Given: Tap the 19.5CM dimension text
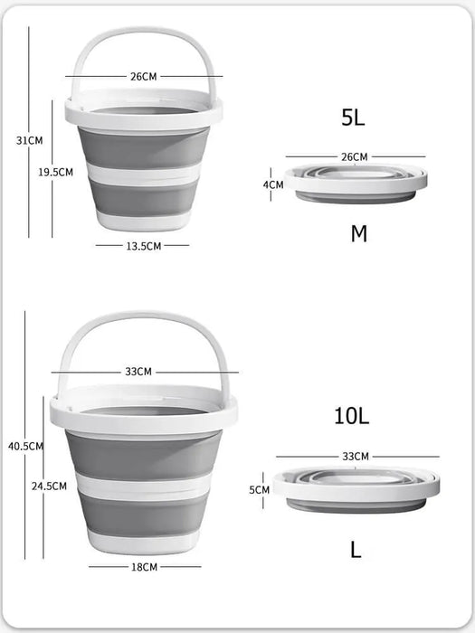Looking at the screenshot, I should (x=56, y=172).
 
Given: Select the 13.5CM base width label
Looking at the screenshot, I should (x=143, y=245).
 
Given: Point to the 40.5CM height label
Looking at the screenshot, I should (x=25, y=446).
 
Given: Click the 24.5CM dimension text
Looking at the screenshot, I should (x=49, y=486).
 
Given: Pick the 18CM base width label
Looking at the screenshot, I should (x=145, y=567).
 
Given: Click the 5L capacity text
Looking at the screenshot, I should (x=353, y=117).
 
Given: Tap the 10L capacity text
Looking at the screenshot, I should (x=352, y=416).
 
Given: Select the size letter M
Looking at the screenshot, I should (x=358, y=234).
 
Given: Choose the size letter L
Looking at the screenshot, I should (x=356, y=549).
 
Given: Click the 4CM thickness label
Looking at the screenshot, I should (x=273, y=184).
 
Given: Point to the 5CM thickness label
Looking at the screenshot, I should (x=260, y=489).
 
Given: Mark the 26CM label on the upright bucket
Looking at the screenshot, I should (x=143, y=77).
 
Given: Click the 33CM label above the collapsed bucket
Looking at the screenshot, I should (x=356, y=456).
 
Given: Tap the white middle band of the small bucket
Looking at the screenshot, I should (x=143, y=173).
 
